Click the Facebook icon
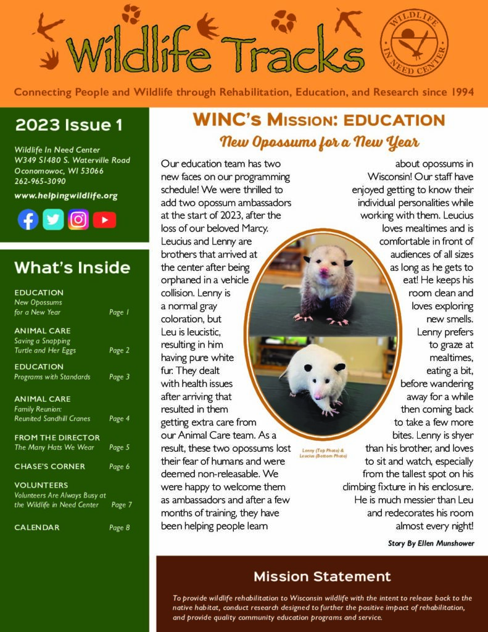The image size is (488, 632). pyautogui.click(x=28, y=220)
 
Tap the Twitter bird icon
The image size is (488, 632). pyautogui.click(x=53, y=220)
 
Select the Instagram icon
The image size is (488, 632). pyautogui.click(x=78, y=220)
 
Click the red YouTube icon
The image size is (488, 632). pyautogui.click(x=104, y=220)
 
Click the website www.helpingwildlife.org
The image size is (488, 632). pyautogui.click(x=65, y=196)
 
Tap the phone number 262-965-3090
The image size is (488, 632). pyautogui.click(x=40, y=181)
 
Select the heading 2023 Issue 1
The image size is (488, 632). pyautogui.click(x=68, y=125)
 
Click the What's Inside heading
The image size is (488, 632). pyautogui.click(x=72, y=268)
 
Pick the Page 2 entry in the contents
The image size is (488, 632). pyautogui.click(x=119, y=351)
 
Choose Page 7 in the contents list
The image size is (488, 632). pyautogui.click(x=122, y=505)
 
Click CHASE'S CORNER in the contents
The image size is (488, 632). pyautogui.click(x=50, y=467)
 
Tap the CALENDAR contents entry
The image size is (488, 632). pyautogui.click(x=37, y=528)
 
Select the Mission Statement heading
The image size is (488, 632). pyautogui.click(x=322, y=576)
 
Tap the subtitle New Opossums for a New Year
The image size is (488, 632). pyautogui.click(x=320, y=143)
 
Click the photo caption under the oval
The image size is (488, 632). pyautogui.click(x=324, y=453)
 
